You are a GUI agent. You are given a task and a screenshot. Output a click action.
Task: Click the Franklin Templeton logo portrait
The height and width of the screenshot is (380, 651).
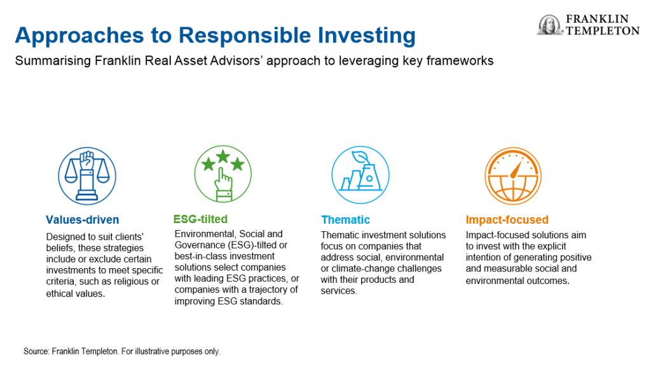[x=549, y=25]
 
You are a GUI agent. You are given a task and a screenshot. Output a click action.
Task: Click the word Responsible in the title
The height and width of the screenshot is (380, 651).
[x=245, y=35]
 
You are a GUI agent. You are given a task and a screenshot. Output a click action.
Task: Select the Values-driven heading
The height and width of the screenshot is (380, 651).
[x=82, y=220]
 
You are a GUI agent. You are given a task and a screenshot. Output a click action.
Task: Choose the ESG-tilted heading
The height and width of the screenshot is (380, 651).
[x=200, y=219]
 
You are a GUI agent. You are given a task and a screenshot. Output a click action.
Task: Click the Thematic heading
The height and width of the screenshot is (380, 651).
[x=345, y=220]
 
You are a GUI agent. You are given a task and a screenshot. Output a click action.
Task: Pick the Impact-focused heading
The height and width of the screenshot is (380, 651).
[x=507, y=220]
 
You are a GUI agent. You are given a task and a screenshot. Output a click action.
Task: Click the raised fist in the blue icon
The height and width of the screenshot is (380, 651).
[x=86, y=159]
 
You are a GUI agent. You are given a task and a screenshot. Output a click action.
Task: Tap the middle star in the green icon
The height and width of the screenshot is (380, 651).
[x=223, y=156]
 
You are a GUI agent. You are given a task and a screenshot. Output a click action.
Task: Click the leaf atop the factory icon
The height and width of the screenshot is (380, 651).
[x=360, y=158]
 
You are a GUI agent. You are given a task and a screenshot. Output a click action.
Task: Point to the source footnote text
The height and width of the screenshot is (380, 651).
[x=122, y=351]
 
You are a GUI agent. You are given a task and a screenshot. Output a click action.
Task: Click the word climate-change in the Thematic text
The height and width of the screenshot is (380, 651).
[x=381, y=269]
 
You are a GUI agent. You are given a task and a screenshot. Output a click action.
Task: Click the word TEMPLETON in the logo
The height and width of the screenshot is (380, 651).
[x=603, y=31]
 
